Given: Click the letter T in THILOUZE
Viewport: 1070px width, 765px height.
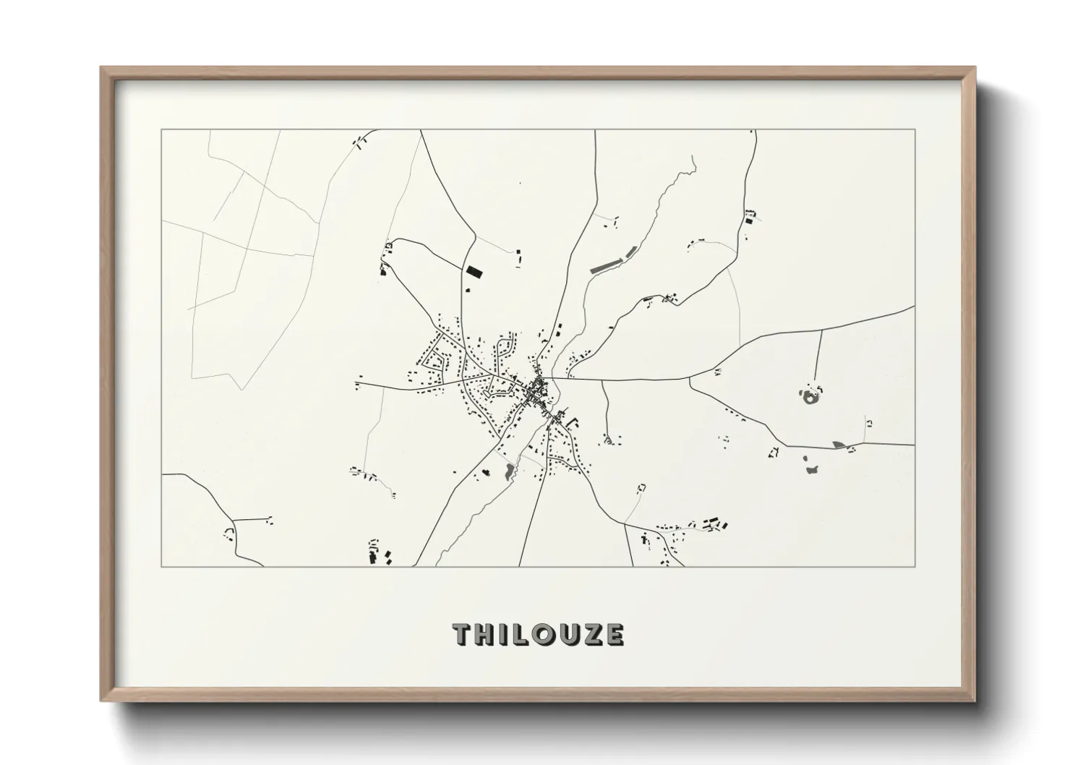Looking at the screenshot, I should click(463, 635).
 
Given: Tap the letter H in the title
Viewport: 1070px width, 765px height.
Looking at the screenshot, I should click(484, 635).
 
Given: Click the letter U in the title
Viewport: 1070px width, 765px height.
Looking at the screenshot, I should click(566, 635).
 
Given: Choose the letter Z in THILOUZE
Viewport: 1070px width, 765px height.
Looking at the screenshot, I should click(590, 635).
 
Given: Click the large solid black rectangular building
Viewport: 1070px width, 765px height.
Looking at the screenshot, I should click(474, 272).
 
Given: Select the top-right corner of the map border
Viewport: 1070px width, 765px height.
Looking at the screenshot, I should click(915, 130).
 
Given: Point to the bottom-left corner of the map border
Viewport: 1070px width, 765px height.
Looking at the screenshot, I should click(162, 566).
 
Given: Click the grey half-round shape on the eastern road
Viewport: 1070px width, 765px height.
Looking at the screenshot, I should click(839, 445).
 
